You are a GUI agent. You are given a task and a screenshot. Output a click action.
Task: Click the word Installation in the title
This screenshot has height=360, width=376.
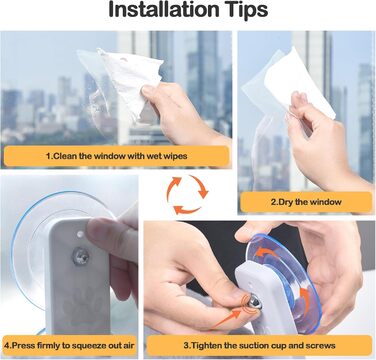coord(163,10)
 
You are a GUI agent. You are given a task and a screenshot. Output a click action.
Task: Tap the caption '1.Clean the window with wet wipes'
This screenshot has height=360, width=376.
coord(117,156)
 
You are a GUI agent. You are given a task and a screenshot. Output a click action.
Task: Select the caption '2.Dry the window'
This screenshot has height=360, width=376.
coord(306,202)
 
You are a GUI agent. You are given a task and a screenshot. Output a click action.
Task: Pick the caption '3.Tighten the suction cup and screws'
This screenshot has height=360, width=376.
coord(259,345)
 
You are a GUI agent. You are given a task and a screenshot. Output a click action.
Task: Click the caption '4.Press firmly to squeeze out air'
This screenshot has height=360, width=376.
coord(69,345)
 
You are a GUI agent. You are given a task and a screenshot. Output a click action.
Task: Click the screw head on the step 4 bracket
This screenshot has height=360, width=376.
coord(81,256)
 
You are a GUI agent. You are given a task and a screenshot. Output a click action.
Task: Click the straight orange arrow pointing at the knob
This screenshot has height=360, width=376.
coord(227,319)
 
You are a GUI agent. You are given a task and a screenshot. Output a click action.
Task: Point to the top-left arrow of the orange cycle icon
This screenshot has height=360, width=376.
coord(173,187)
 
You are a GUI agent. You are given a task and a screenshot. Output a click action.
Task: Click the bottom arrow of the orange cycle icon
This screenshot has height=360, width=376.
coord(187,210)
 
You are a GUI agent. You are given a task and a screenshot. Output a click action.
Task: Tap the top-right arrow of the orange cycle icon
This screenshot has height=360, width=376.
coord(201,187)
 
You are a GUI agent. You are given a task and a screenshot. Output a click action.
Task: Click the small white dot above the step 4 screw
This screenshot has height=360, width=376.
coord(80,234)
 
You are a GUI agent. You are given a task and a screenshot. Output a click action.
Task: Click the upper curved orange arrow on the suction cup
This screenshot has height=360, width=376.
coord(266,253)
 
